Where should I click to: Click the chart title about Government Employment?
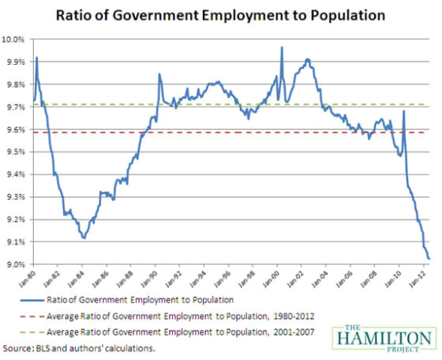tap(220, 13)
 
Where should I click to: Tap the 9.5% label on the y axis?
tap(17, 152)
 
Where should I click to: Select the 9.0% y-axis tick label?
tap(17, 264)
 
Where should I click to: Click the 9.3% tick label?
tap(17, 197)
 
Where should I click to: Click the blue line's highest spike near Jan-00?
tap(282, 47)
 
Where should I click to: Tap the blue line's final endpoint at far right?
tap(429, 258)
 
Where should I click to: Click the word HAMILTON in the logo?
tap(382, 337)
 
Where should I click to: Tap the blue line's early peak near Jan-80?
tap(36, 58)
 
